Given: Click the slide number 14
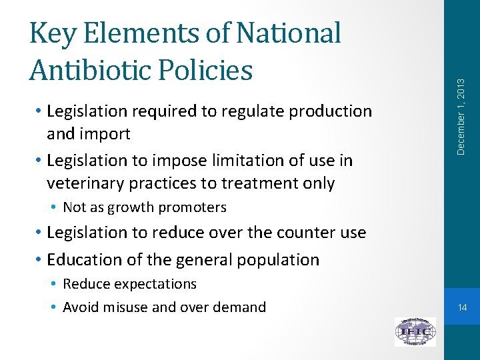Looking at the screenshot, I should click(x=461, y=307).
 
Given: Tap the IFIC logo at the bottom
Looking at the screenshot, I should click(x=415, y=331).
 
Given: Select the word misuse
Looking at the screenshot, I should click(x=127, y=307).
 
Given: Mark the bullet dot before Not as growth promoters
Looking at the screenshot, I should click(x=55, y=207).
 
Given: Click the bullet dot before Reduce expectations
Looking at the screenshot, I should click(x=55, y=284).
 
